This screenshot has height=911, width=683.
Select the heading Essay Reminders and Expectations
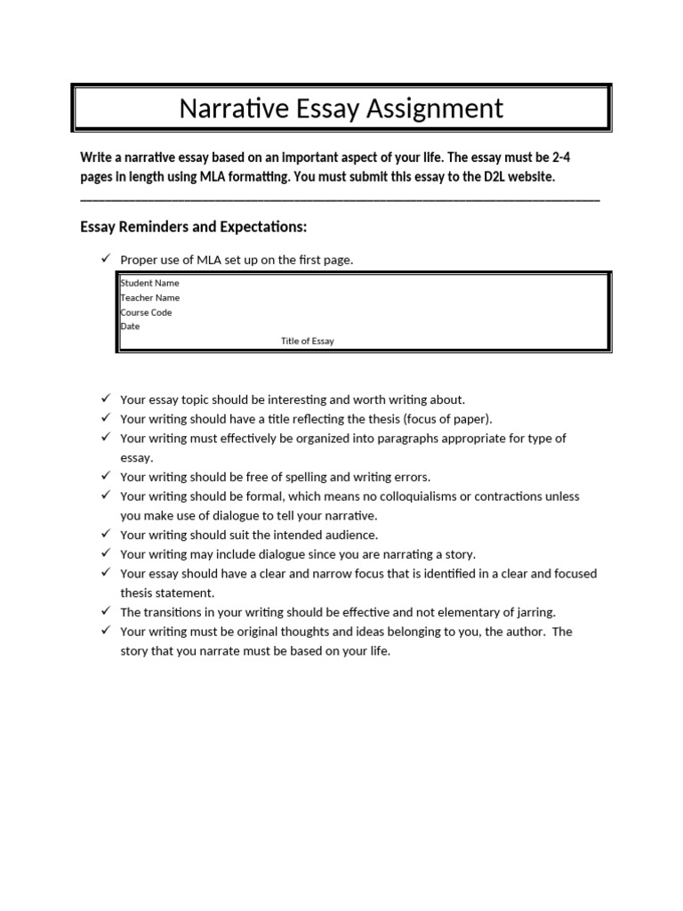pos(193,228)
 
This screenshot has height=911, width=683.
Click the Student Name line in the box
pos(150,283)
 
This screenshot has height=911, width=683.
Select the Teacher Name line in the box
pos(150,297)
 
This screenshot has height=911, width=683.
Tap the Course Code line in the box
pos(147,312)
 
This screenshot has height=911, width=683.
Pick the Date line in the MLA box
pos(130,327)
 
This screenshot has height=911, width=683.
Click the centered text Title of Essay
pos(308,341)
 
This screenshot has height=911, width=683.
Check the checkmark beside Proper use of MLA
pos(104,259)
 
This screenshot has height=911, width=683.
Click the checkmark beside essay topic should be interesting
pos(104,399)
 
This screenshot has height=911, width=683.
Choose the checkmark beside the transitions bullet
pos(104,611)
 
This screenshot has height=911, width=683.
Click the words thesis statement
pos(168,593)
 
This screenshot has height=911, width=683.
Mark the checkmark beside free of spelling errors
pos(104,476)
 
